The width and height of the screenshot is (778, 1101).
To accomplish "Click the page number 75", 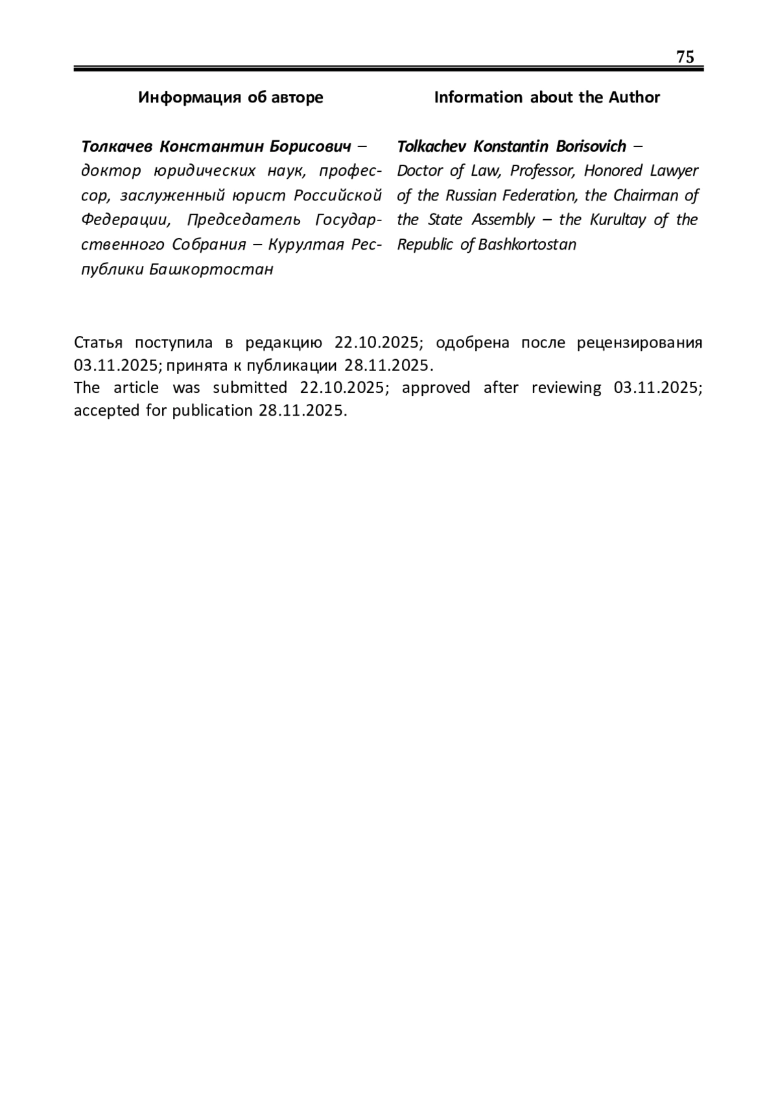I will click(685, 57).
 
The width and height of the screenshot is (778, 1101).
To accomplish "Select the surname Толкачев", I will click(117, 146).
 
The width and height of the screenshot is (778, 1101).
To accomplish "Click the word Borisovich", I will click(591, 146).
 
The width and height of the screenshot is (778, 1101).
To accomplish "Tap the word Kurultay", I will click(618, 220).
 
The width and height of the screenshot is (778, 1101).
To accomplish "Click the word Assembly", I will click(503, 220).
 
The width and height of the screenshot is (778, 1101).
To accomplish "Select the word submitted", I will click(250, 388).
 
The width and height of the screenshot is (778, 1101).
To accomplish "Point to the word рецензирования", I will click(639, 342).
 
